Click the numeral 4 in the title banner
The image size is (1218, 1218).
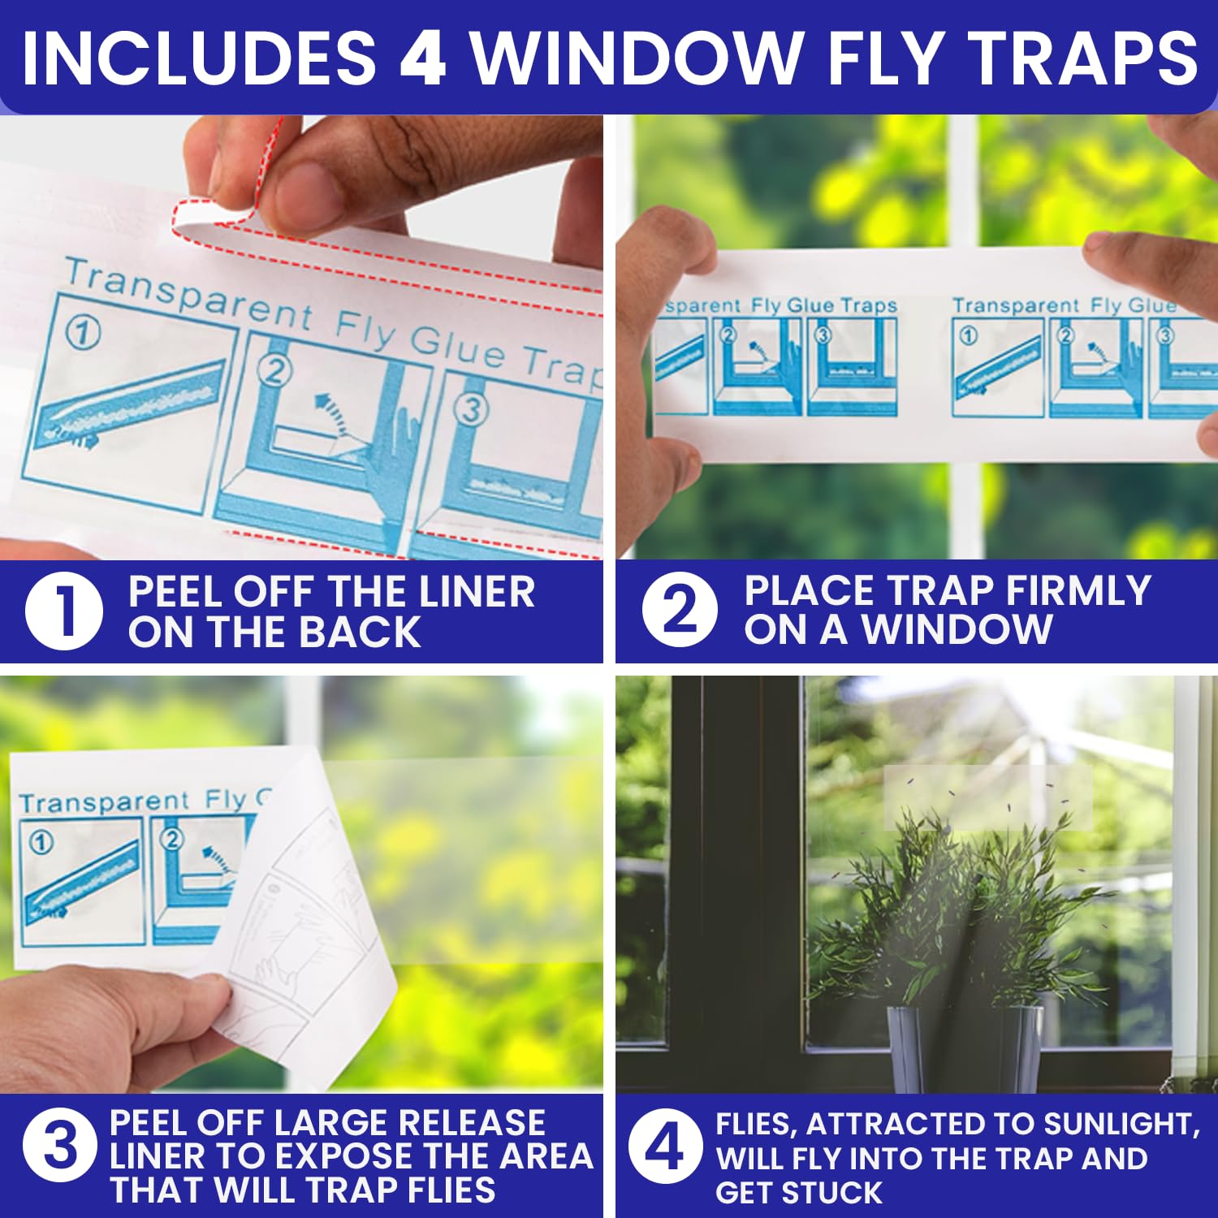coord(423,58)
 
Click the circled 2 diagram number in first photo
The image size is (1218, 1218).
coord(274,371)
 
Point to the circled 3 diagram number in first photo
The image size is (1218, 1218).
coord(473,408)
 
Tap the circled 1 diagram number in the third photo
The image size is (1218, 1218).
coord(41,843)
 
